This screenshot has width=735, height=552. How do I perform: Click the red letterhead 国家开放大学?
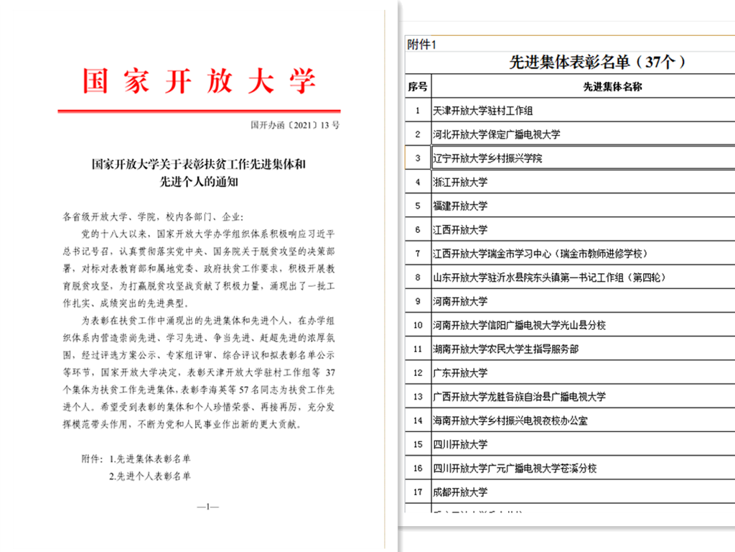coord(199,80)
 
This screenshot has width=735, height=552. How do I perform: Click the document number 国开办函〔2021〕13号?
coord(295,124)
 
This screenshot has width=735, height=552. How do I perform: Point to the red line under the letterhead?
coord(199,111)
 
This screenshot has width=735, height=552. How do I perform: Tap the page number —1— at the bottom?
coord(207,507)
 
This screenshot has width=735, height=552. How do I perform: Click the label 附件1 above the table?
coord(421,45)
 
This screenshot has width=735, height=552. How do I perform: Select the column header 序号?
coord(417,86)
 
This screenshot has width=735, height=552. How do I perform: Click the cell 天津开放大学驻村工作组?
coord(483,111)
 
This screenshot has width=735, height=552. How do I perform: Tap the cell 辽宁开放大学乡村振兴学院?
coord(488,158)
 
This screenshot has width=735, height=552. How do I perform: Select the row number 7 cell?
coord(417,253)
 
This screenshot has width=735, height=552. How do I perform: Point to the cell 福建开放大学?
coord(460,206)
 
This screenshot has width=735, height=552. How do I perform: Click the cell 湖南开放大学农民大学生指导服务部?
coord(506,349)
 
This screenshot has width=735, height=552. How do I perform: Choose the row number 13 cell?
coord(417,396)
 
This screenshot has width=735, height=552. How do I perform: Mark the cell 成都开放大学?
coord(460,492)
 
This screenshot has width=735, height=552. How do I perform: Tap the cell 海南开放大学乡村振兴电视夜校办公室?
coord(510,420)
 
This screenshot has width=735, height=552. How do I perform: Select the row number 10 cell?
coord(417,325)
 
